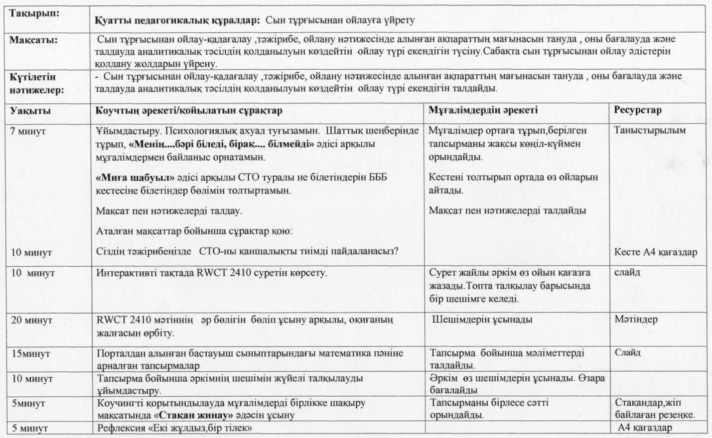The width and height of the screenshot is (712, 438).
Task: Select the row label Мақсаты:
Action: pos(33,40)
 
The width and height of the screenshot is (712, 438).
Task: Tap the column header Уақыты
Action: pos(30,110)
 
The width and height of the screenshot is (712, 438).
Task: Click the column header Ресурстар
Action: pos(638,110)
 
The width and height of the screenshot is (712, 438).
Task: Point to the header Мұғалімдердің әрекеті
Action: pos(483,110)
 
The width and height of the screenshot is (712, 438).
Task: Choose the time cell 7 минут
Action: pos(28,131)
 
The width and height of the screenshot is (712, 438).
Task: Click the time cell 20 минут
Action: pos(31,320)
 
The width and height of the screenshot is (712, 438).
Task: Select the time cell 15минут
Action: pos(31,354)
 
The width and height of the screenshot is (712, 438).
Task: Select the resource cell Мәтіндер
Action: pos(636,320)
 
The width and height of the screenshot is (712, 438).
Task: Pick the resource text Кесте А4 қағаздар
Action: pos(656,252)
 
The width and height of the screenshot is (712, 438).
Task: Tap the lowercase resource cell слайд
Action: pos(627,272)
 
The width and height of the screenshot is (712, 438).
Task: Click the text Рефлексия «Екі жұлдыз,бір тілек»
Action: pos(174,428)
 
